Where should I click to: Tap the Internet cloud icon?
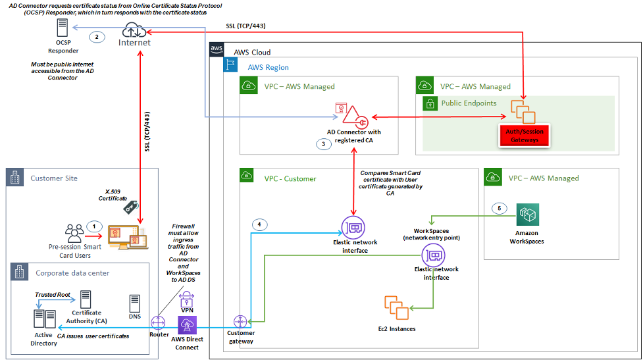(134, 30)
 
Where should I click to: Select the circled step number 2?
(97, 37)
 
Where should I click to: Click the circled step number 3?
(323, 144)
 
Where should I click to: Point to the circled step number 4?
(261, 224)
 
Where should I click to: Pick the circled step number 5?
(500, 209)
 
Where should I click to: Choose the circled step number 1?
(94, 225)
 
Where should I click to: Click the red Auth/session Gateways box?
(523, 136)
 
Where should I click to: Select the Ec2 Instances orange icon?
(396, 307)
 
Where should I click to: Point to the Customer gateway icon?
(240, 322)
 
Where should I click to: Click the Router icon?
(158, 322)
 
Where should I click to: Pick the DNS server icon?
(135, 303)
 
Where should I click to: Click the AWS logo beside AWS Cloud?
(217, 50)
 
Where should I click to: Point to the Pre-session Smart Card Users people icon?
(74, 233)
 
